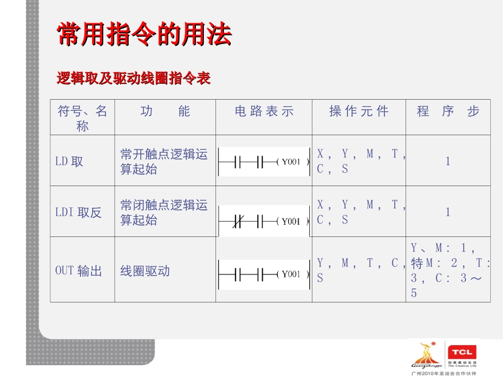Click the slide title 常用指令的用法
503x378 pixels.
point(144,34)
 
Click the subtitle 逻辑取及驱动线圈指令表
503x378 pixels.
point(133,78)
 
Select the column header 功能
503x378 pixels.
point(165,111)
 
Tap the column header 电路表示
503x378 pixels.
point(264,111)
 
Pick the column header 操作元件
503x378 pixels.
point(358,111)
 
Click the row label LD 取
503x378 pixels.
point(69,161)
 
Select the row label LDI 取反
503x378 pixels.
point(78,213)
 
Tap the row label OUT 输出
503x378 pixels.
point(78,271)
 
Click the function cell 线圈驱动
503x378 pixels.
point(145,271)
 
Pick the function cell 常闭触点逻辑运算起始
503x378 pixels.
point(164,213)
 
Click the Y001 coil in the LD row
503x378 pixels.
point(291,162)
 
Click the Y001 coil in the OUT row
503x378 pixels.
point(291,274)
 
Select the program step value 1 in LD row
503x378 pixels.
point(448,161)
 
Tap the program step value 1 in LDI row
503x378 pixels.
point(448,213)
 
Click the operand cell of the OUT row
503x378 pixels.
point(358,270)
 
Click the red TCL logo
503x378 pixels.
point(462,352)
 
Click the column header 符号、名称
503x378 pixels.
point(82,118)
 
